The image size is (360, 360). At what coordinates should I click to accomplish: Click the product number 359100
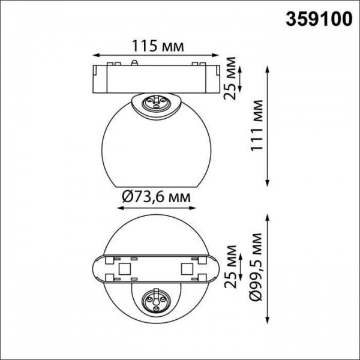pos(317,19)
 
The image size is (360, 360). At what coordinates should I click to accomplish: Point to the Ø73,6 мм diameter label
pos(157,196)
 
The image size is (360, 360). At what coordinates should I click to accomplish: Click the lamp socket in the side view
pos(157,103)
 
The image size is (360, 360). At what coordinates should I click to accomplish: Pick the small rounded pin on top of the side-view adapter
pos(137,61)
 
